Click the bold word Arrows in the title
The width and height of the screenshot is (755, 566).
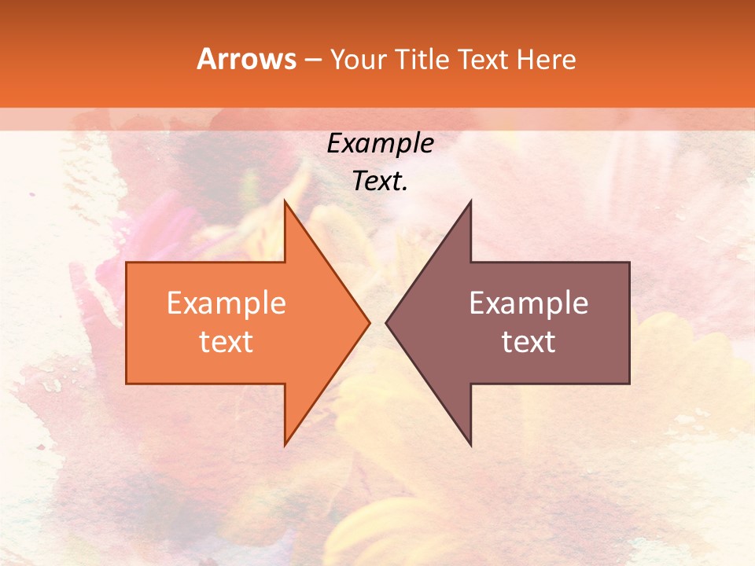[246, 59]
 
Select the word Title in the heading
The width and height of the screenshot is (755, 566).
[422, 59]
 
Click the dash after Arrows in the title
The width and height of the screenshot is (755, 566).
[311, 61]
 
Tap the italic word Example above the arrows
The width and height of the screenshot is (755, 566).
[380, 143]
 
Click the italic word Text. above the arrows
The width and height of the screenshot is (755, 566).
[380, 181]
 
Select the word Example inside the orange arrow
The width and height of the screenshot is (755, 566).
[226, 303]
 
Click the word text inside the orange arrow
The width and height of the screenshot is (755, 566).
[226, 342]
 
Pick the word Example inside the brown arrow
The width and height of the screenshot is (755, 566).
[528, 303]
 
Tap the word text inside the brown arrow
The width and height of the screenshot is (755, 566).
[528, 342]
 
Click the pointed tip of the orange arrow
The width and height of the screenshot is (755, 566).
[370, 322]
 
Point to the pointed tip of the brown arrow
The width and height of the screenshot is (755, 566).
[386, 322]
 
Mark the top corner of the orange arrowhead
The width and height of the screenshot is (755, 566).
[285, 201]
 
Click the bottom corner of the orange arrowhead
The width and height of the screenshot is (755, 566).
[285, 445]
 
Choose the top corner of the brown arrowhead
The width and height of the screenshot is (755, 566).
[470, 201]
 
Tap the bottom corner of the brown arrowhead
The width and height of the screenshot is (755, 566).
[470, 445]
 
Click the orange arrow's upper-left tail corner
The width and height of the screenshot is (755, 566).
[127, 263]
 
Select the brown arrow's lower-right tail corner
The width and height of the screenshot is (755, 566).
[629, 384]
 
